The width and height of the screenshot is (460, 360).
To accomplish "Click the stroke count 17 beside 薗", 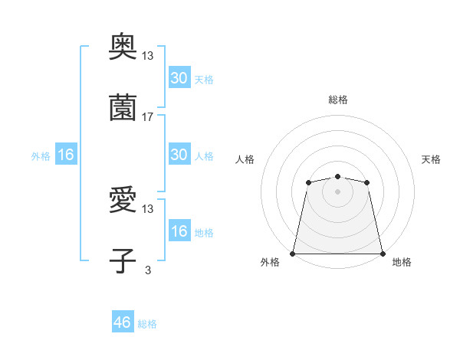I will click(x=148, y=117).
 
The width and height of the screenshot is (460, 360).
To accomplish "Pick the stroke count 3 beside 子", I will click(x=147, y=269).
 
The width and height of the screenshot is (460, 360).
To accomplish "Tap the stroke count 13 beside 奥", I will click(x=148, y=57).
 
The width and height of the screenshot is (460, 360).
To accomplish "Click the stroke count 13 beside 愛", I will click(x=148, y=209).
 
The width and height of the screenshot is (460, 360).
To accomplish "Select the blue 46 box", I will click(x=123, y=322).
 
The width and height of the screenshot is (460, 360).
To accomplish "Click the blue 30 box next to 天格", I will click(x=179, y=78).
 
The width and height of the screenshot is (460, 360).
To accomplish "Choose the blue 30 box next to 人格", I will click(x=179, y=155).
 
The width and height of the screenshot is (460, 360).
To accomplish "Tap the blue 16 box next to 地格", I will click(x=179, y=231).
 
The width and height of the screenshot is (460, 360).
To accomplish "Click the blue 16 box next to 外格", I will click(x=66, y=155).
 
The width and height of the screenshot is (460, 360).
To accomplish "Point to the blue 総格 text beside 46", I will click(x=147, y=324).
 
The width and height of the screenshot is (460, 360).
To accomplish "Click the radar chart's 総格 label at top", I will click(x=337, y=100).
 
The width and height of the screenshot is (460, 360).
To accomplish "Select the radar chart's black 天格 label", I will click(x=431, y=159).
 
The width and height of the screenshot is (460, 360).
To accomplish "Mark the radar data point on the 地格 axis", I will click(x=383, y=254).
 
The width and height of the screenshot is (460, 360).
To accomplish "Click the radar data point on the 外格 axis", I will click(x=293, y=254).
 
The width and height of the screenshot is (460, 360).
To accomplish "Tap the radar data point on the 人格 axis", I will click(x=308, y=182).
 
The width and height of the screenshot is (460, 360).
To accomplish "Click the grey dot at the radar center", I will click(x=337, y=191).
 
